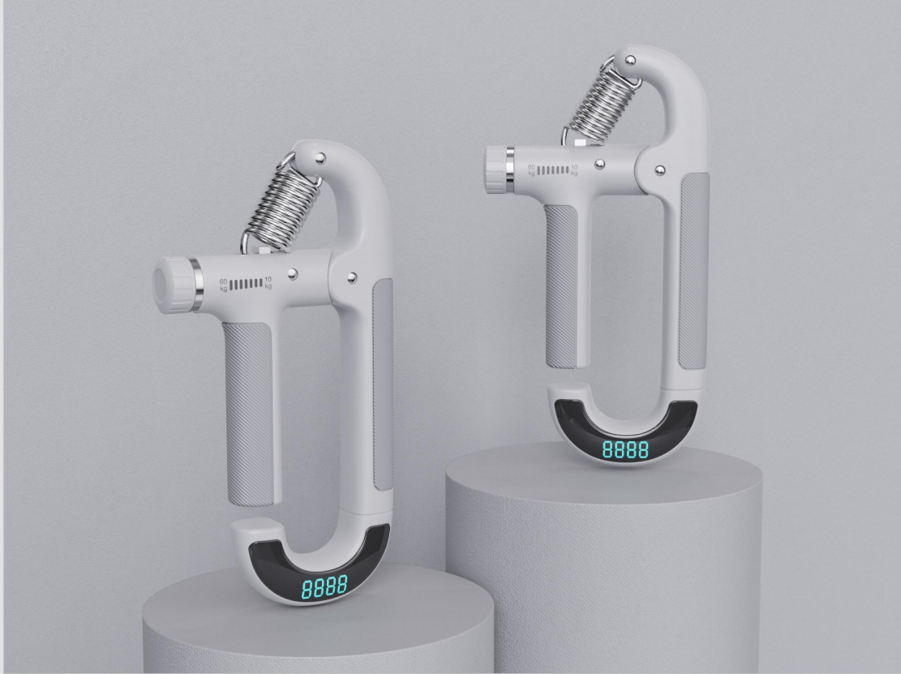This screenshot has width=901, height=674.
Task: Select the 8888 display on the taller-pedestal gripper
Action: [625, 450]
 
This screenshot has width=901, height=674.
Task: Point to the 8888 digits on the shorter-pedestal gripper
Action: [324, 587]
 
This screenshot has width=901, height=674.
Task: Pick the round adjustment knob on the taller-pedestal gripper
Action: [495, 170]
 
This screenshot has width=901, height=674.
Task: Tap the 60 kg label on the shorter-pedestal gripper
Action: [224, 284]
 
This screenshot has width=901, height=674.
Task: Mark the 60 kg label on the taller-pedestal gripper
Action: [532, 170]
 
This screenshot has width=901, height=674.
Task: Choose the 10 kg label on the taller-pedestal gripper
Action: [574, 170]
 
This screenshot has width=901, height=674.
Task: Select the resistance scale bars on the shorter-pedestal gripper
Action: [246, 284]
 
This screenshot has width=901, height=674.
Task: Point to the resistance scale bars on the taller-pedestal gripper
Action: [553, 170]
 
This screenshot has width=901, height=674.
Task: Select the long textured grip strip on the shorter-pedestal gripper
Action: [382, 381]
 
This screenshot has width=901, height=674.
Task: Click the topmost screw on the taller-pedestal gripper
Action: [630, 61]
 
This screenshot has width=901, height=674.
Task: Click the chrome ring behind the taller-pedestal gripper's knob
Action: [508, 170]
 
